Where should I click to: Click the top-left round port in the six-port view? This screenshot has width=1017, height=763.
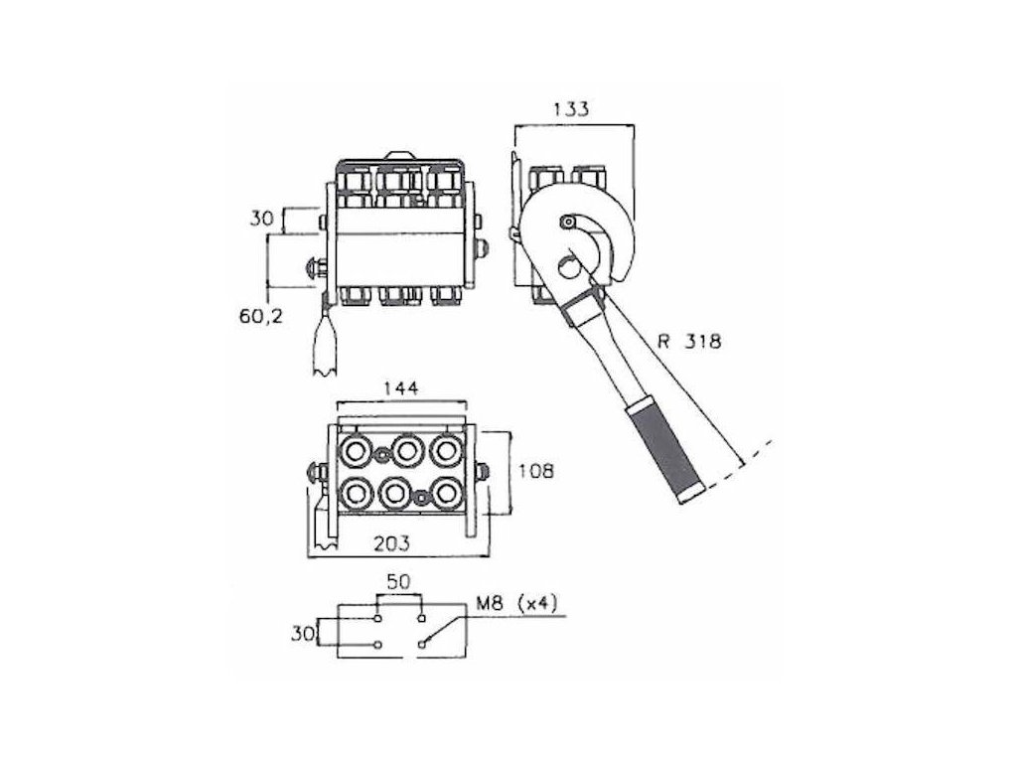coord(355,452)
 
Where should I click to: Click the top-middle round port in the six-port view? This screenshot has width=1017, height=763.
coord(404,452)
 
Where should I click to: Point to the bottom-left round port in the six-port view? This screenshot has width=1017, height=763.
coord(354,492)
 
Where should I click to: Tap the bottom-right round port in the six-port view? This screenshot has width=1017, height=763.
coord(448,492)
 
